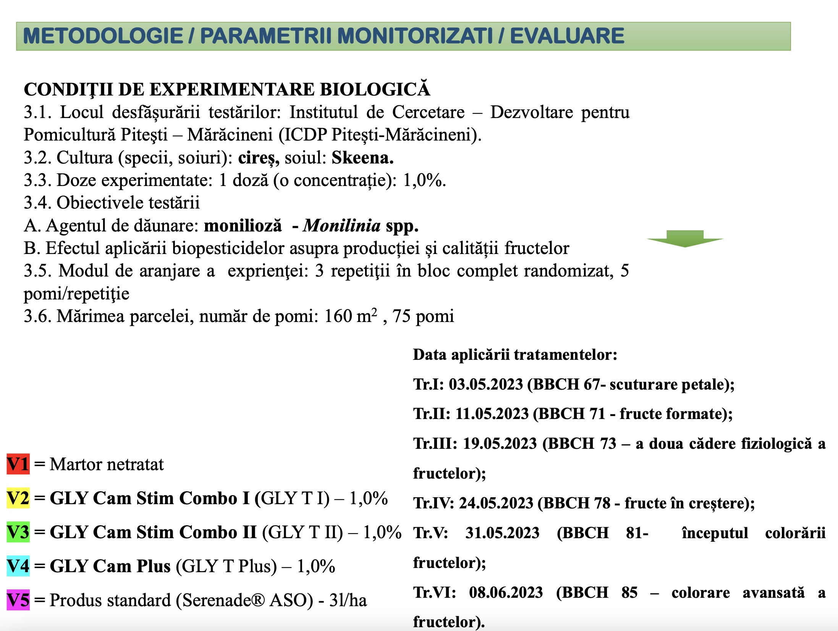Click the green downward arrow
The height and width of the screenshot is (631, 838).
pyautogui.click(x=685, y=239)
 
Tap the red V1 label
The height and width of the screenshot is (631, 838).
pyautogui.click(x=18, y=464)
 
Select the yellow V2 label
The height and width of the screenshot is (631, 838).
pyautogui.click(x=18, y=498)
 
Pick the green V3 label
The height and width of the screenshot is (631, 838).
pyautogui.click(x=18, y=532)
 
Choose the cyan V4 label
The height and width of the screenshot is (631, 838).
pyautogui.click(x=18, y=566)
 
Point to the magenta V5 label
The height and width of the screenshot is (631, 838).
pyautogui.click(x=18, y=600)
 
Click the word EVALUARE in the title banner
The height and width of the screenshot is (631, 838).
pyautogui.click(x=567, y=36)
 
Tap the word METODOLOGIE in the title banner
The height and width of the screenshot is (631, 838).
pyautogui.click(x=103, y=36)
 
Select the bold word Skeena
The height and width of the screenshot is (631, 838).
pyautogui.click(x=362, y=158)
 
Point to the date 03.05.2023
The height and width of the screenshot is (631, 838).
pyautogui.click(x=485, y=384)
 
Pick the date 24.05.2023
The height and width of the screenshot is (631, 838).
pyautogui.click(x=496, y=503)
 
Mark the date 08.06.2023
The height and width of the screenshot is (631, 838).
pyautogui.click(x=506, y=592)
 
